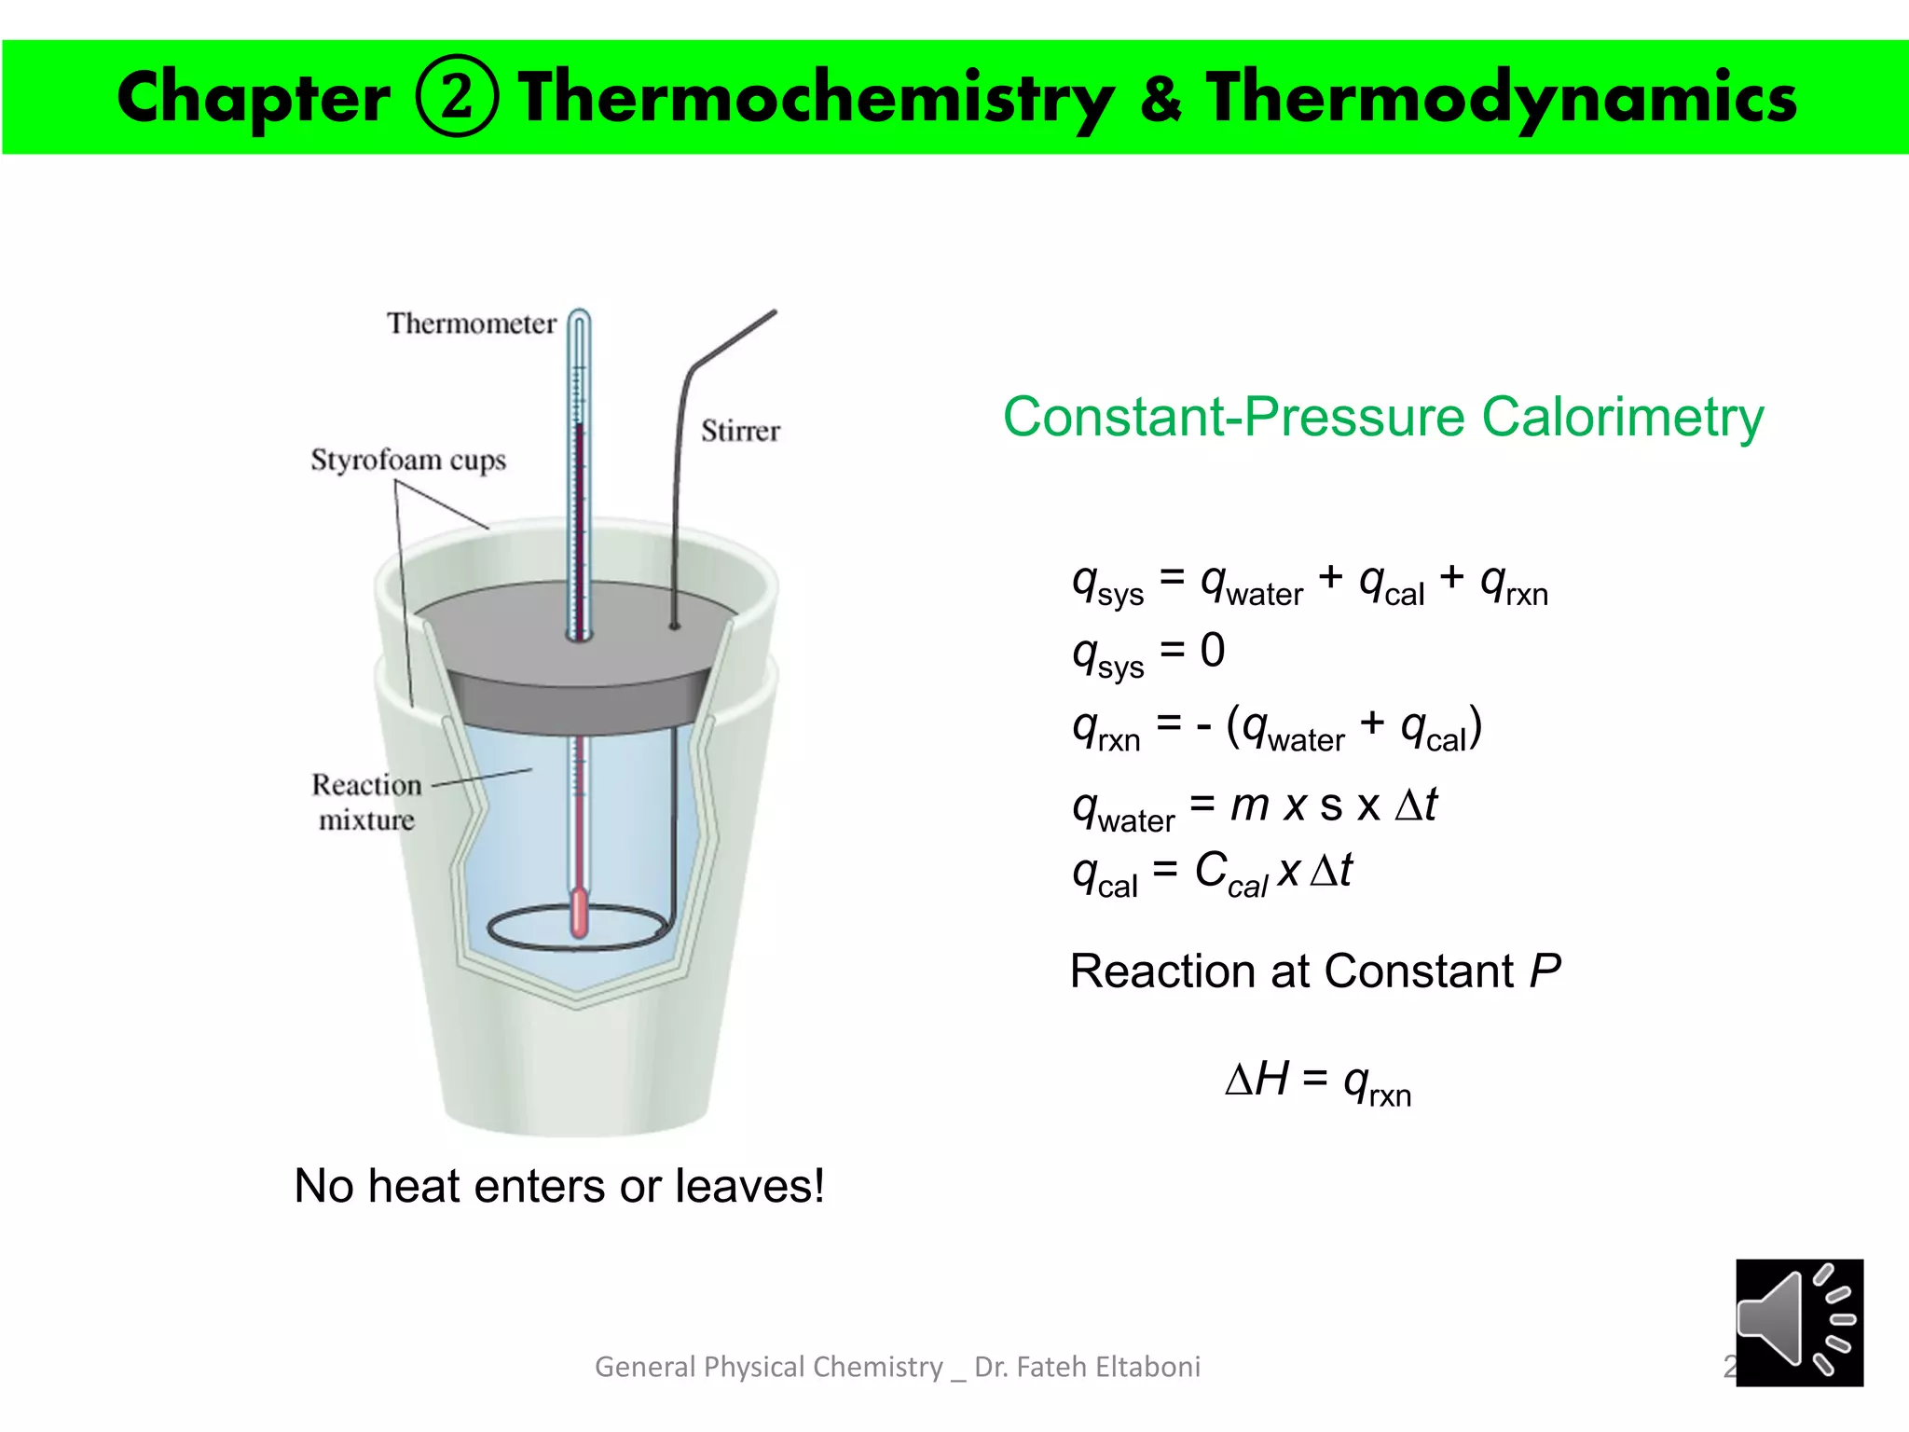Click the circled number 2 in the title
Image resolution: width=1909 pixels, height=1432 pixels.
[x=456, y=97]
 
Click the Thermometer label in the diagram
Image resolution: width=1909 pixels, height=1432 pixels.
[x=471, y=324]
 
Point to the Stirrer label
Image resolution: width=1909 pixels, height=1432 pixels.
[x=740, y=431]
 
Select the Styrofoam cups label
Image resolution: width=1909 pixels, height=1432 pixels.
[x=408, y=461]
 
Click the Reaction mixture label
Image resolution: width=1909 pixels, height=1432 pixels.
[x=366, y=802]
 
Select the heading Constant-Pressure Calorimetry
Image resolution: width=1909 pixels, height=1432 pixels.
[x=1382, y=417]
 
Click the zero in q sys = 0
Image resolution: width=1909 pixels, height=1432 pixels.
[x=1213, y=650]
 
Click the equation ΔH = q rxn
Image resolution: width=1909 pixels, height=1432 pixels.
[x=1318, y=1082]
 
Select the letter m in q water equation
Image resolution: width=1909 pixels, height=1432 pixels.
[x=1249, y=804]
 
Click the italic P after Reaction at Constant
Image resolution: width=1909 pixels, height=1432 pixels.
[x=1545, y=971]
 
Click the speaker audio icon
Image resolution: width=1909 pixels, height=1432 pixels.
[x=1798, y=1322]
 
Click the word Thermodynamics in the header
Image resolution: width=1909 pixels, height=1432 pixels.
[x=1501, y=99]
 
